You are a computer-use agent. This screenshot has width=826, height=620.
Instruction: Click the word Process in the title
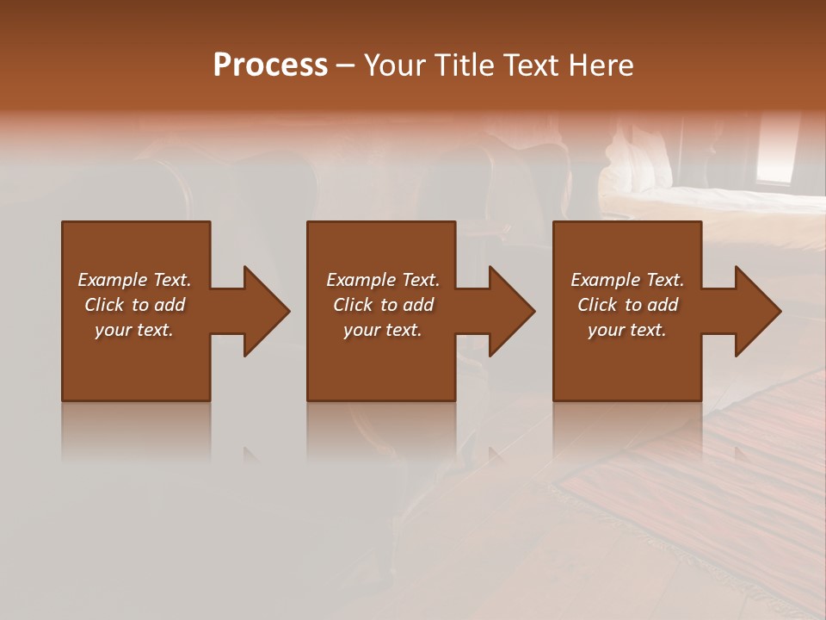coord(270,65)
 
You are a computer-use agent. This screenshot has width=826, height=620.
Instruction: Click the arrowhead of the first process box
coord(267,311)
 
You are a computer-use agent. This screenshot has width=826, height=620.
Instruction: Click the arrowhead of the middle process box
coord(512,311)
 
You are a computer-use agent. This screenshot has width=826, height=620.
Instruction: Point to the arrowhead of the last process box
coord(758,311)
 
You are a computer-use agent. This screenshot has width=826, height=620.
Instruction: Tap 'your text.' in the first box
coord(134,330)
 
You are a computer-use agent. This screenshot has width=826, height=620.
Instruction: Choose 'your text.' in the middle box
coord(383,330)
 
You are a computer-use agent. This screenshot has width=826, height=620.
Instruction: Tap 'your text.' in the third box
coord(627,330)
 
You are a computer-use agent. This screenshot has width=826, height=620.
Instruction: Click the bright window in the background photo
coord(779,151)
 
